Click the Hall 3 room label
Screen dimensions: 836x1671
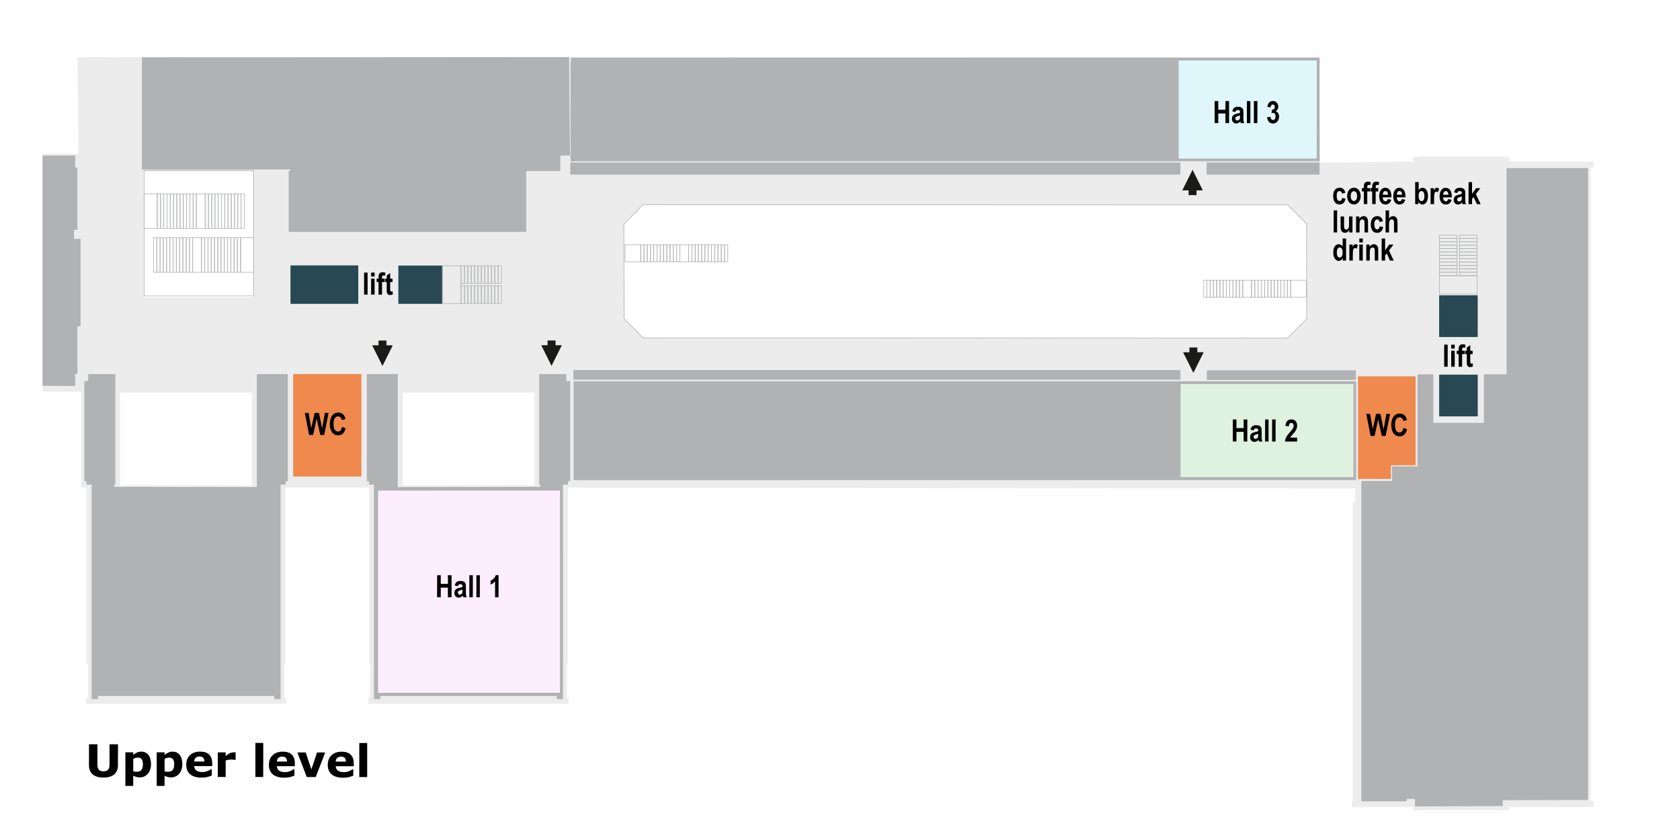[x=1246, y=113]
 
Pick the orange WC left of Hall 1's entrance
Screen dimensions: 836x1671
[x=327, y=424]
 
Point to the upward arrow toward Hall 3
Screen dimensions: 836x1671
[x=1192, y=182]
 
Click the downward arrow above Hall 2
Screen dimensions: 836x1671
[x=1193, y=359]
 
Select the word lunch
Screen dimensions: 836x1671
[x=1364, y=223]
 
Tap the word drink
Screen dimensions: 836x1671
[x=1362, y=251]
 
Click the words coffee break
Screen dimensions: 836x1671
[x=1405, y=194]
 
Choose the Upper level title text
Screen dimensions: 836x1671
[x=228, y=761]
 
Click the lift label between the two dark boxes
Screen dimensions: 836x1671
[x=378, y=284]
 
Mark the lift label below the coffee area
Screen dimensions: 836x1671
[x=1457, y=356]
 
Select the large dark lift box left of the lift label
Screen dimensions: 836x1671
[x=324, y=284]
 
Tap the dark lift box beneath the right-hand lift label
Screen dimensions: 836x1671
[x=1458, y=395]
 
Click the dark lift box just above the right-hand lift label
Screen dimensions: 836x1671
[x=1458, y=316]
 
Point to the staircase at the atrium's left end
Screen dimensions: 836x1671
[x=677, y=254]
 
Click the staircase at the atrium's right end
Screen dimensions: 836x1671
[x=1254, y=289]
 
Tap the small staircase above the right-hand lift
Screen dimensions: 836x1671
[x=1458, y=256]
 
